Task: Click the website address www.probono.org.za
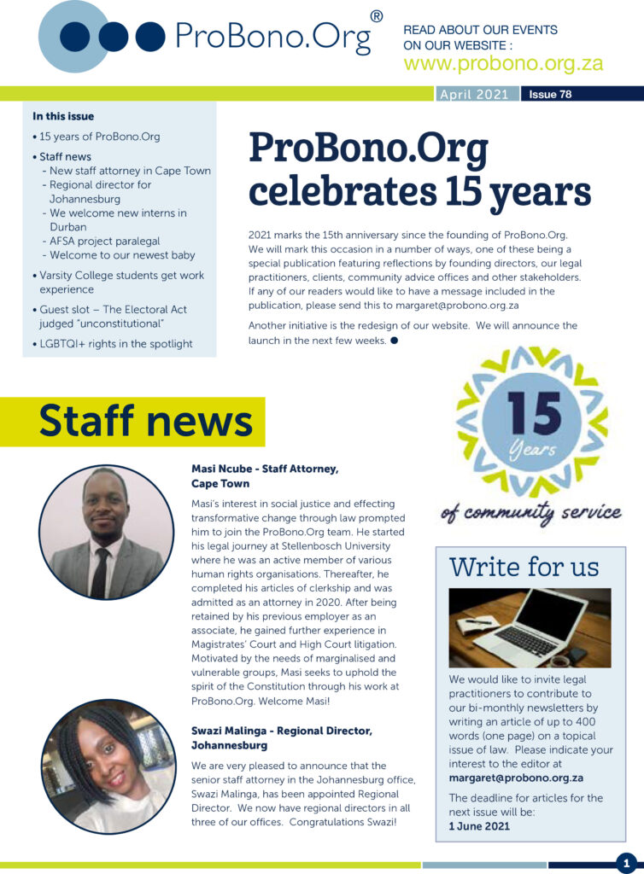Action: pos(503,64)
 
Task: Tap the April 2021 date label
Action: pos(473,95)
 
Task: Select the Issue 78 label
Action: pos(550,95)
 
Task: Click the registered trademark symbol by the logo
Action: pos(376,16)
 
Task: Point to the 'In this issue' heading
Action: pos(63,116)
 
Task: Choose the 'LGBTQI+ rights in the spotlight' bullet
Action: pos(115,344)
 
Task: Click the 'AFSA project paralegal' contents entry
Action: pos(104,241)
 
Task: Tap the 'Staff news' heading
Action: pos(145,422)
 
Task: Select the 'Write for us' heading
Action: pos(524,567)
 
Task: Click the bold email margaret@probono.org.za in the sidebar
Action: pos(516,778)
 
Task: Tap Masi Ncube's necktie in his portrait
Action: pos(100,573)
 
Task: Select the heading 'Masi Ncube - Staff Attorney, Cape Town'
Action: pos(265,475)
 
